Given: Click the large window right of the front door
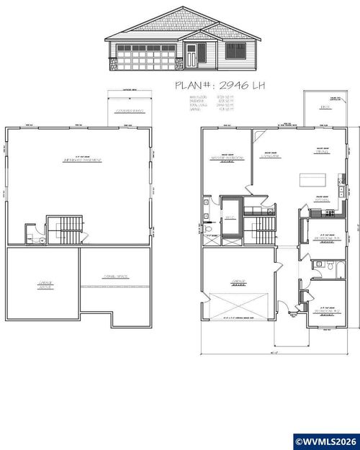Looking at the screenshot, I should pyautogui.click(x=235, y=51).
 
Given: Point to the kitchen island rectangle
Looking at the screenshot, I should pyautogui.click(x=313, y=179).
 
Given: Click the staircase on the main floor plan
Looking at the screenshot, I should pyautogui.click(x=264, y=230).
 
